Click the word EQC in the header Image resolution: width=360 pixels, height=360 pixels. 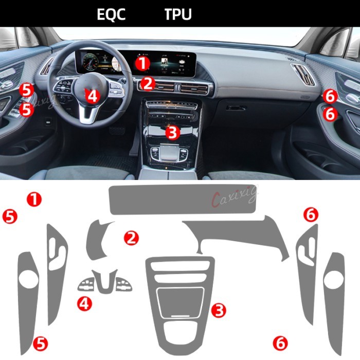pos(111,14)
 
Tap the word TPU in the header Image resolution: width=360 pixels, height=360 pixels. pos(178,14)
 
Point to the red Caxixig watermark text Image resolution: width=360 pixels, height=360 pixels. pos(234,196)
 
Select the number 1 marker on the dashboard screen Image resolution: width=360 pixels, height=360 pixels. pos(142,63)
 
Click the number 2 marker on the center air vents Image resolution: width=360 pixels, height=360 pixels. pos(148,82)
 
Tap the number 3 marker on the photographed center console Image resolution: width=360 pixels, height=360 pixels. pos(172,133)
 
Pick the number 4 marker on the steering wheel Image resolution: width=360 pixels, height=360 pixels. pos(92,96)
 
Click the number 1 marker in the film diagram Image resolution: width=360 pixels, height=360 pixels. pos(34,199)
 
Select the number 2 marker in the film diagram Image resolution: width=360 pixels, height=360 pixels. pos(132,237)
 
